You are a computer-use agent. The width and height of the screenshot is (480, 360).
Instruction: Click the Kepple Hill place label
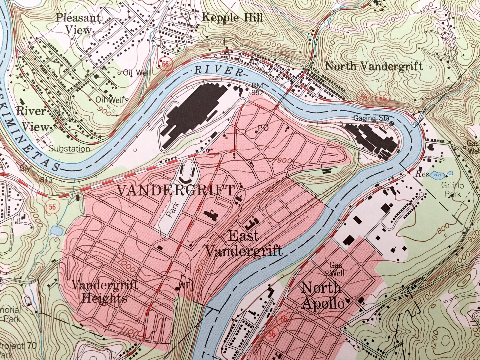(x=232, y=17)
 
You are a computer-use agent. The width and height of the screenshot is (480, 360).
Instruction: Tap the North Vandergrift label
(x=374, y=66)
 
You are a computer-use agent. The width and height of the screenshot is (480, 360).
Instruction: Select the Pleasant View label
(x=78, y=24)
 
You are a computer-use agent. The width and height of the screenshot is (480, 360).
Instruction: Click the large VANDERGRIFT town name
(x=176, y=190)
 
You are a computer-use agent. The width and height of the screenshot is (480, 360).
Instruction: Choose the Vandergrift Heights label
(x=105, y=292)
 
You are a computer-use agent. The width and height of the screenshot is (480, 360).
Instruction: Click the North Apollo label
(x=323, y=296)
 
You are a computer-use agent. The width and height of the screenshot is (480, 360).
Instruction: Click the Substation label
(x=69, y=149)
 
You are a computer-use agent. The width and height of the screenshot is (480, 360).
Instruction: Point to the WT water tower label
(x=186, y=286)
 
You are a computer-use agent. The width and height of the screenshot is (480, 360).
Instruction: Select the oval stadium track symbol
(x=188, y=171)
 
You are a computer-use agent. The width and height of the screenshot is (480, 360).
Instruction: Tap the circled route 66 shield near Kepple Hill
(x=165, y=64)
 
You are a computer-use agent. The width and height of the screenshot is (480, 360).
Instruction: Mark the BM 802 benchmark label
(x=259, y=88)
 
